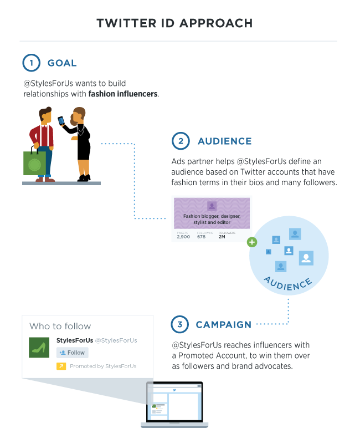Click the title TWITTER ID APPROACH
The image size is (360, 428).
coord(174,23)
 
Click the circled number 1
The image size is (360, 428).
coord(32,63)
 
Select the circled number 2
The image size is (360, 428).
coord(181,141)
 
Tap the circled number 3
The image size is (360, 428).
coord(180,324)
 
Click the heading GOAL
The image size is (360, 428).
coord(62,63)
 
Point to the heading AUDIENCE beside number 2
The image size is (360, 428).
coord(224,141)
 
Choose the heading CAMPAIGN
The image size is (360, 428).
coord(223,324)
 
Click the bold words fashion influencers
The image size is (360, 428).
coord(123,94)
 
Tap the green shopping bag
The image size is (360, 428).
coord(34,162)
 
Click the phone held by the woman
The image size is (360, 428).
coord(61,120)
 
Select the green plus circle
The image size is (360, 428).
coord(252,242)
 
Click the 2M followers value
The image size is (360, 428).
coord(222,237)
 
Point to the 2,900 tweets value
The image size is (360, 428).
coord(183,237)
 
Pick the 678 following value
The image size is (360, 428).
coord(202,237)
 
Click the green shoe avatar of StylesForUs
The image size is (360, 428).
coord(40,347)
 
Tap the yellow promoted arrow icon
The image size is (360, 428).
coord(61,366)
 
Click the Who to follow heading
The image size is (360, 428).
coord(60,326)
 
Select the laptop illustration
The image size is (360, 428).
coord(174,404)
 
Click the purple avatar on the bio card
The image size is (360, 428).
coord(212,206)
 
